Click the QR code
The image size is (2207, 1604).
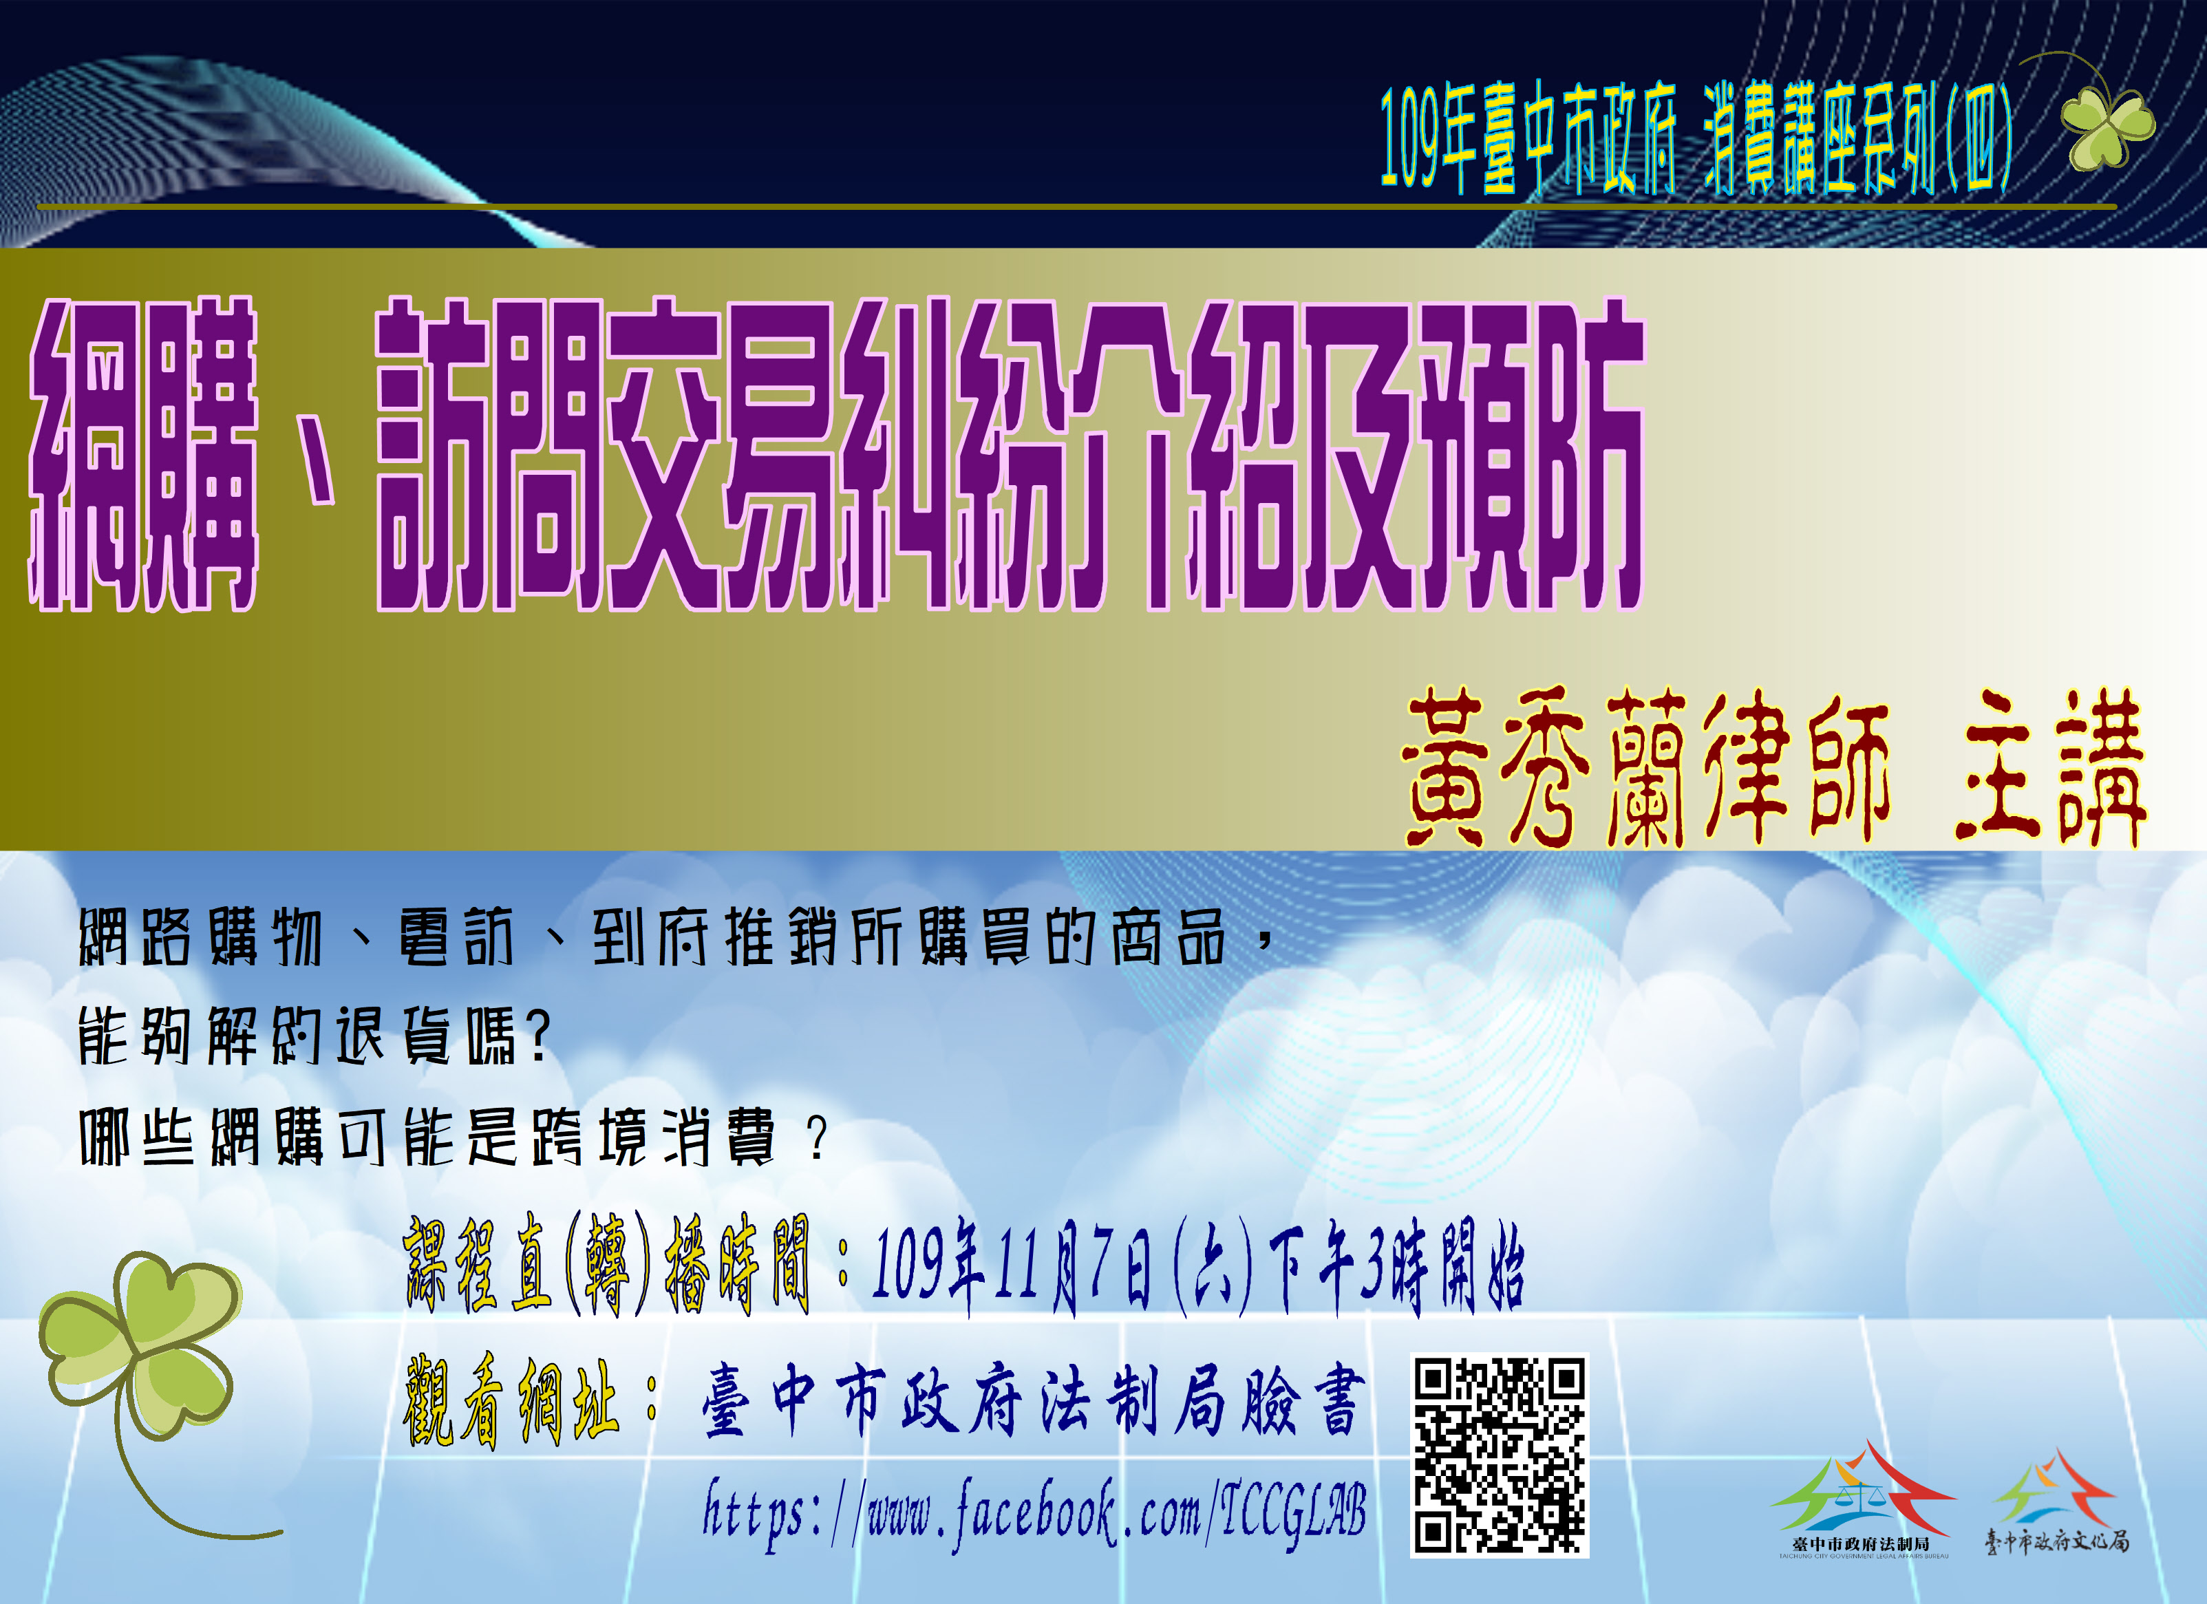(x=1499, y=1455)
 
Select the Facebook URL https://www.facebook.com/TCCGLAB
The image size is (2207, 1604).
(x=1034, y=1512)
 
